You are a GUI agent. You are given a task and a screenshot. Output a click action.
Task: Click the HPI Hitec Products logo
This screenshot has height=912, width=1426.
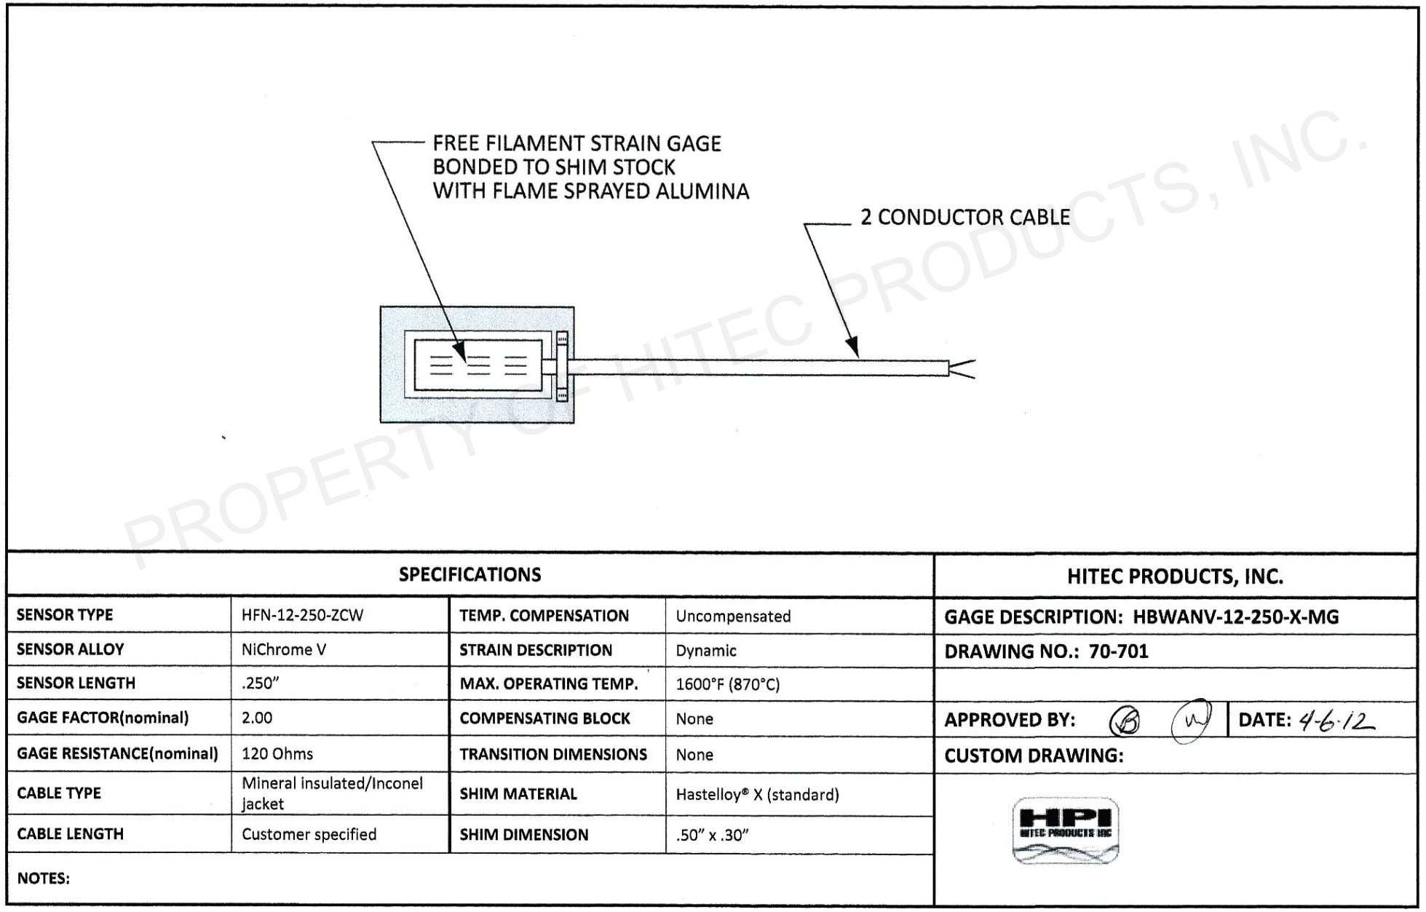tap(1065, 830)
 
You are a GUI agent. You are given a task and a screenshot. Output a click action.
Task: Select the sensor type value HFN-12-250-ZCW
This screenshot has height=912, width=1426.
tap(302, 616)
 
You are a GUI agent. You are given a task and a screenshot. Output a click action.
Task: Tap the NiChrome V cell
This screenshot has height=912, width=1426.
tap(284, 650)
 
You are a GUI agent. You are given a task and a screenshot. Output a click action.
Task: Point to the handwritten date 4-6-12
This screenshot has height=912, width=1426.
tap(1337, 721)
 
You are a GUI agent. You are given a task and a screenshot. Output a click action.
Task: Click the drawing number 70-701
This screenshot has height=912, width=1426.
tap(1118, 651)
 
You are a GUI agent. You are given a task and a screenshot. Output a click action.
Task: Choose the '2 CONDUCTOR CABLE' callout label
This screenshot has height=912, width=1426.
tap(964, 218)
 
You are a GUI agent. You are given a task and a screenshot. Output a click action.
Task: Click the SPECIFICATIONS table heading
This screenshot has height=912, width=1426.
tap(470, 575)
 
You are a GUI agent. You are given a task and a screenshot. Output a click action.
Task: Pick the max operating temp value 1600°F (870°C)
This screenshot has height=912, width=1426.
tap(727, 685)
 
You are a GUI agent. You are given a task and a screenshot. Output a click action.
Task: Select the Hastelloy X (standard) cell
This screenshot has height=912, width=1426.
tap(757, 795)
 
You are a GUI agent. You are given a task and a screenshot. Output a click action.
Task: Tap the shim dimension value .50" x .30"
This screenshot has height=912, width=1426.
tap(712, 836)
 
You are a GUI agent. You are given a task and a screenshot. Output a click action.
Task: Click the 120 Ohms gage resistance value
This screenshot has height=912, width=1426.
tap(277, 754)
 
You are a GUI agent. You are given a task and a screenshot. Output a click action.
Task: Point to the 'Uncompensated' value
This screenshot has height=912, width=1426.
tap(733, 616)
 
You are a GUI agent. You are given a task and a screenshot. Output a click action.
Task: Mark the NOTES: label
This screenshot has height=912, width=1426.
tap(44, 879)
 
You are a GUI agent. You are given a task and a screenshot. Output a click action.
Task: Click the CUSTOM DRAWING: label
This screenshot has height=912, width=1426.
tap(1034, 756)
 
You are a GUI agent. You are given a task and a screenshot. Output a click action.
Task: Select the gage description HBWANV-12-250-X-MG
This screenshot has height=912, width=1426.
tap(1235, 617)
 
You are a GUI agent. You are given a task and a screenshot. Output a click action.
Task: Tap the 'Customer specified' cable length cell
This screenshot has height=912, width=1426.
tap(309, 835)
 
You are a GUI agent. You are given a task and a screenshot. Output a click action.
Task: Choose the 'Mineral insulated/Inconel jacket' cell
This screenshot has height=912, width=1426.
tap(332, 793)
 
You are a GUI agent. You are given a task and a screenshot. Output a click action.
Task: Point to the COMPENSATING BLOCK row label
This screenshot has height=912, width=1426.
tap(544, 719)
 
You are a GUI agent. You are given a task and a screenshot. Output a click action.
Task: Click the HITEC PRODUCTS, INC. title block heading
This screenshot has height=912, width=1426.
tap(1175, 577)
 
